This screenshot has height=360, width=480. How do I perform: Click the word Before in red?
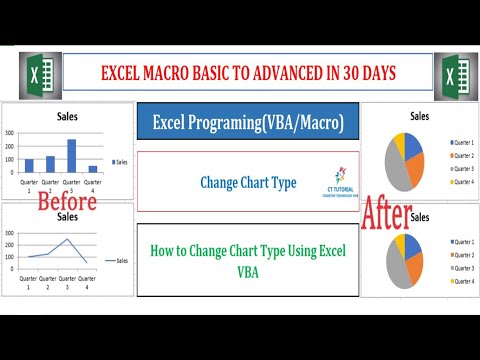tap(66, 201)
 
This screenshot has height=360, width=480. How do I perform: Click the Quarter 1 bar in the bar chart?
tap(29, 165)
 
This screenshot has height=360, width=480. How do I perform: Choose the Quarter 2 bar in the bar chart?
tap(51, 164)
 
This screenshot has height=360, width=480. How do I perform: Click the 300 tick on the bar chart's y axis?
tap(10, 132)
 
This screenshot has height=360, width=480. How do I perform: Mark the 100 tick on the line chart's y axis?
tap(9, 257)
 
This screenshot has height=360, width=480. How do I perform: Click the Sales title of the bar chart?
tap(67, 116)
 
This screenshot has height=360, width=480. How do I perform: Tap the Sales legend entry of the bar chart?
tap(121, 161)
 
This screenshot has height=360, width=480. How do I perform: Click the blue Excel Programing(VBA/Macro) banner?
tap(248, 122)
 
